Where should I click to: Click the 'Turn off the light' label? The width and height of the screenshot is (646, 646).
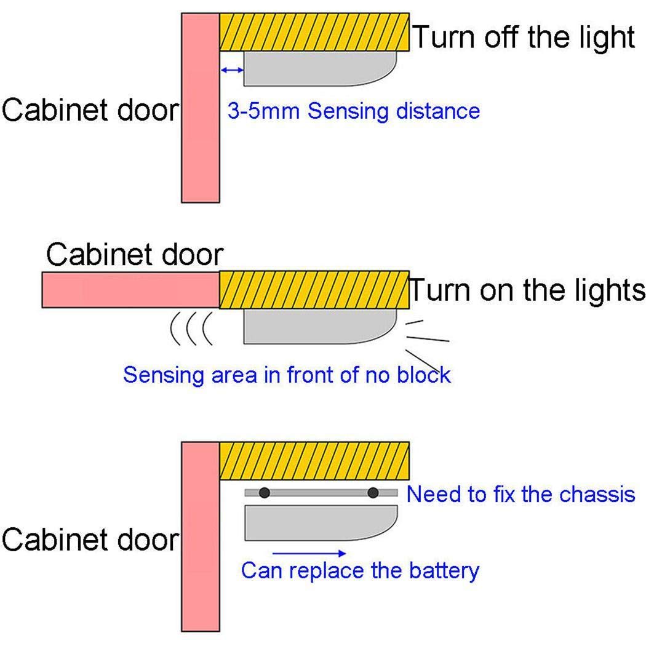tap(523, 37)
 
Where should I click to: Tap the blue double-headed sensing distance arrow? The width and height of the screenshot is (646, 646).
tap(233, 71)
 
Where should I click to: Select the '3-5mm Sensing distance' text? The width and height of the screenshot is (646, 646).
tap(354, 111)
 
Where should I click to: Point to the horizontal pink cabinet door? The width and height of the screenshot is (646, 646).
tap(130, 290)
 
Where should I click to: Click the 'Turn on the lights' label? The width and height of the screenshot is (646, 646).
tap(527, 290)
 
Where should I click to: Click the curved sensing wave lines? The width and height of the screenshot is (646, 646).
tap(191, 329)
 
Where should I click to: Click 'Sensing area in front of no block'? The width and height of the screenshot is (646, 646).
tap(287, 374)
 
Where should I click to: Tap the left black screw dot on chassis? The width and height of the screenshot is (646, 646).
tap(265, 492)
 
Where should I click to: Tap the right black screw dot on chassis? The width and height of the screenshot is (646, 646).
tap(373, 492)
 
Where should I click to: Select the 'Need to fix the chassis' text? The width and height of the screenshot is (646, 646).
tap(520, 494)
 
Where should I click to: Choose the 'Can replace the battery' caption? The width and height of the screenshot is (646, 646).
tap(359, 570)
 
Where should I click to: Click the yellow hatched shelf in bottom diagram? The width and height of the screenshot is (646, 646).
tap(314, 460)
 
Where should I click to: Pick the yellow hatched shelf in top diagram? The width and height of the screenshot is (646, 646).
tap(314, 31)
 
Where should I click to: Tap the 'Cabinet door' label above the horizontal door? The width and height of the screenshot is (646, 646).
tap(135, 254)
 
